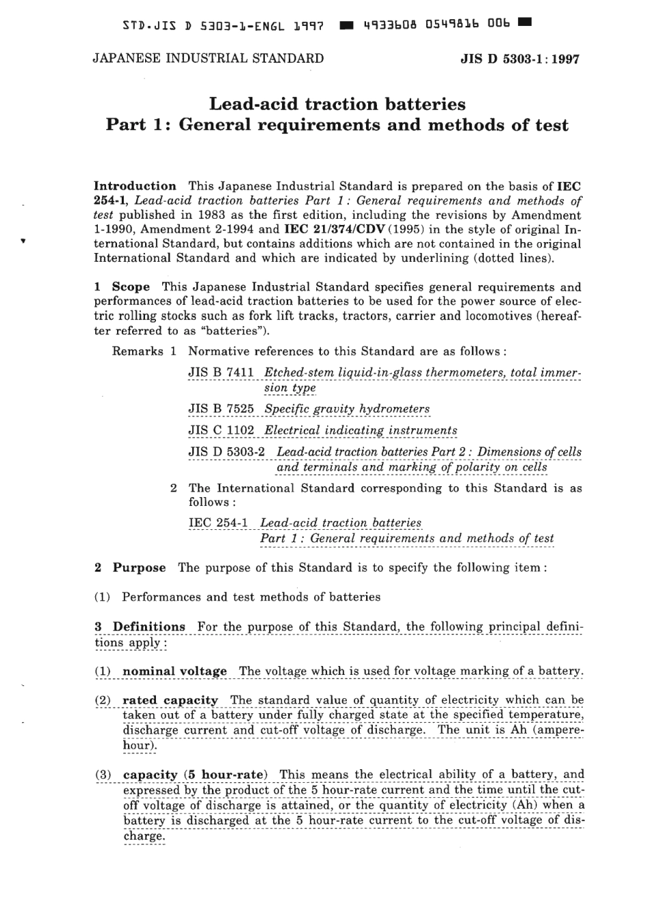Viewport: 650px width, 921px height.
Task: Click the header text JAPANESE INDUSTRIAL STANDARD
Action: click(x=208, y=58)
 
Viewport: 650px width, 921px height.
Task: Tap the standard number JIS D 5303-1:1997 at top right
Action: click(x=521, y=59)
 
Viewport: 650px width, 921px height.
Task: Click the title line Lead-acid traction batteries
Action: click(x=337, y=104)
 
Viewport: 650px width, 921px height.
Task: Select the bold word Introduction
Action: click(x=135, y=186)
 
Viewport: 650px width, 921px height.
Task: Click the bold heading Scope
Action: click(x=131, y=287)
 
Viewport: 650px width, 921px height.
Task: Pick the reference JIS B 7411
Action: click(x=221, y=373)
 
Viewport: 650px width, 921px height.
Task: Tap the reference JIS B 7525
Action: click(x=221, y=409)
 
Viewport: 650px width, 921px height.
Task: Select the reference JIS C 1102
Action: click(x=221, y=430)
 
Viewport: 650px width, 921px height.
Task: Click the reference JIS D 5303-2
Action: click(x=229, y=452)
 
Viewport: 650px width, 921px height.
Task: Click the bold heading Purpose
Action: click(x=139, y=568)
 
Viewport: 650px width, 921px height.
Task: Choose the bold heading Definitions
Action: click(x=148, y=626)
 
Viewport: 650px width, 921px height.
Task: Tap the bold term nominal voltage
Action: click(x=174, y=671)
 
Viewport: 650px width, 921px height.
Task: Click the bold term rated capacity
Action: click(x=170, y=699)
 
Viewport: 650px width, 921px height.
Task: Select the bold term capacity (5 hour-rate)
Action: click(x=195, y=774)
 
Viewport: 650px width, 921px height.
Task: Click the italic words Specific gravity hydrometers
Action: click(x=347, y=409)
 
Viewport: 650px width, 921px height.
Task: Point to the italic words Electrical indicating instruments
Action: click(x=361, y=430)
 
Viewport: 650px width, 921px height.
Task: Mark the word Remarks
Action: click(x=138, y=351)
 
